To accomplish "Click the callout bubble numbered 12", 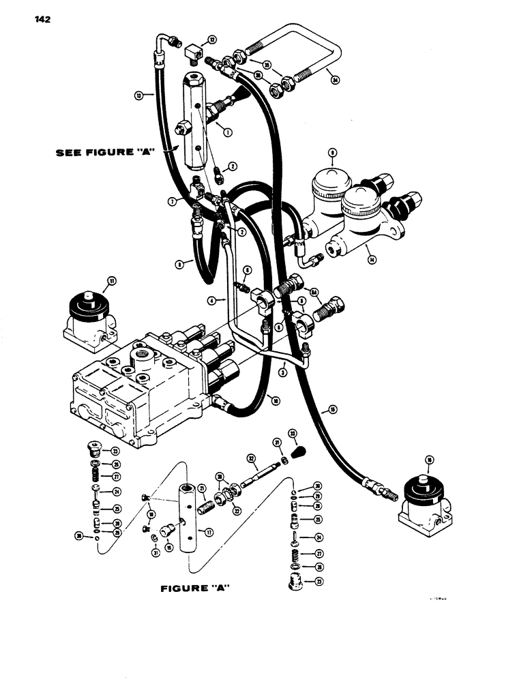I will [212, 40].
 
